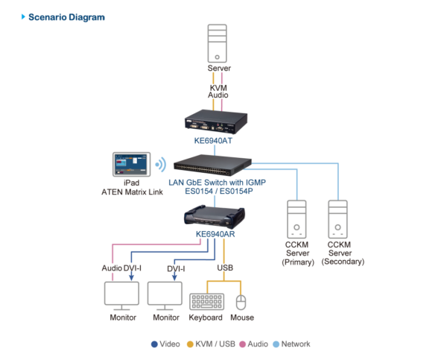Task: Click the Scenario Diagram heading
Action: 66,17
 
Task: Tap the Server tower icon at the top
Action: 218,43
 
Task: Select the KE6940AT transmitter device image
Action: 216,121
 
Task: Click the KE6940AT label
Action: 213,141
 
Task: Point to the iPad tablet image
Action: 131,164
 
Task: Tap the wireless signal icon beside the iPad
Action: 161,165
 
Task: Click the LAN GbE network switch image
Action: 212,165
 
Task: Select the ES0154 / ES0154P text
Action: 219,191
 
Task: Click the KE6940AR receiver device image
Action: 215,215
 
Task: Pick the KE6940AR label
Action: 215,234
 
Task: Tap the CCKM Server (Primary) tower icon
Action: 297,219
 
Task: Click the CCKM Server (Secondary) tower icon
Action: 337,219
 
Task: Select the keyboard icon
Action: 207,302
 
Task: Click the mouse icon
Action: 241,303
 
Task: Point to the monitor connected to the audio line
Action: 121,296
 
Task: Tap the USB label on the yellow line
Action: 225,268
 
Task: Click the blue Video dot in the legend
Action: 154,344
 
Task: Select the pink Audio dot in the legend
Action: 243,344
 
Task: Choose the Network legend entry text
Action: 296,344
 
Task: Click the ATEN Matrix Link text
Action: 133,192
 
